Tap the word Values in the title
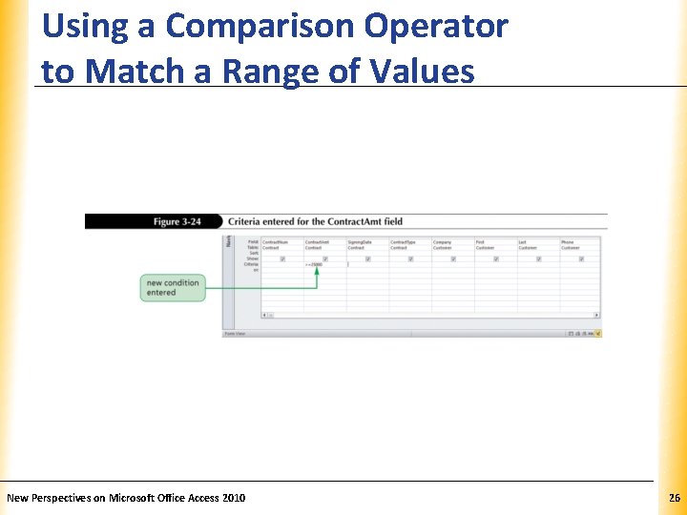click(419, 72)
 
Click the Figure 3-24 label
click(177, 221)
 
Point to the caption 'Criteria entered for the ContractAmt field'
click(315, 221)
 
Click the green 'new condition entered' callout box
click(173, 287)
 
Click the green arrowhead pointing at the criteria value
click(315, 271)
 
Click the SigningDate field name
click(360, 242)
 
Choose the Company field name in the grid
click(442, 242)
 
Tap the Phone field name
click(568, 242)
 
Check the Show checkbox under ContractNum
click(282, 258)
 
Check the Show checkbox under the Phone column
click(581, 258)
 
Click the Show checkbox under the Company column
click(453, 258)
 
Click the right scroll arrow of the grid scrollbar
click(597, 315)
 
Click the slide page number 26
click(674, 498)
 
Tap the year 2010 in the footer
click(234, 498)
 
